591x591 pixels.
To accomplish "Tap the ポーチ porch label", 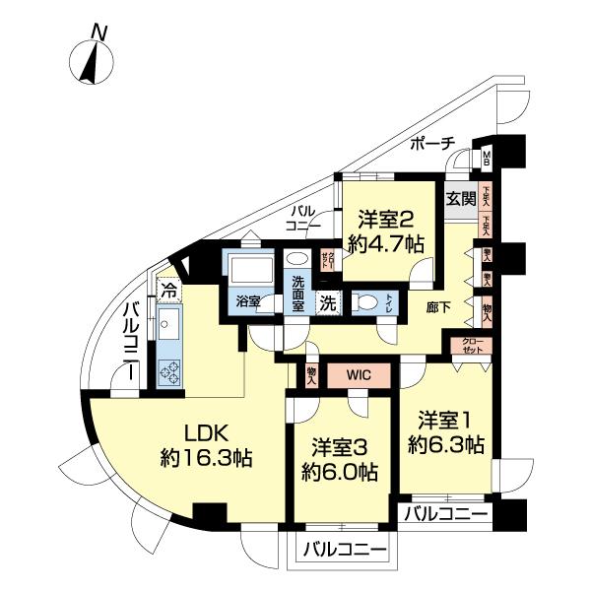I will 432,144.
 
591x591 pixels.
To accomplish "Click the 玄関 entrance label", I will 461,198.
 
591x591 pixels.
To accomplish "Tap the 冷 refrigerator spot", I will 168,291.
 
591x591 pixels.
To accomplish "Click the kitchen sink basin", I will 167,322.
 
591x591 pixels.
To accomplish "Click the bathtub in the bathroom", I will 247,270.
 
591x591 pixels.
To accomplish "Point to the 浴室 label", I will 247,302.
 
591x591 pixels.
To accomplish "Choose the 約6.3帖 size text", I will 446,445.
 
